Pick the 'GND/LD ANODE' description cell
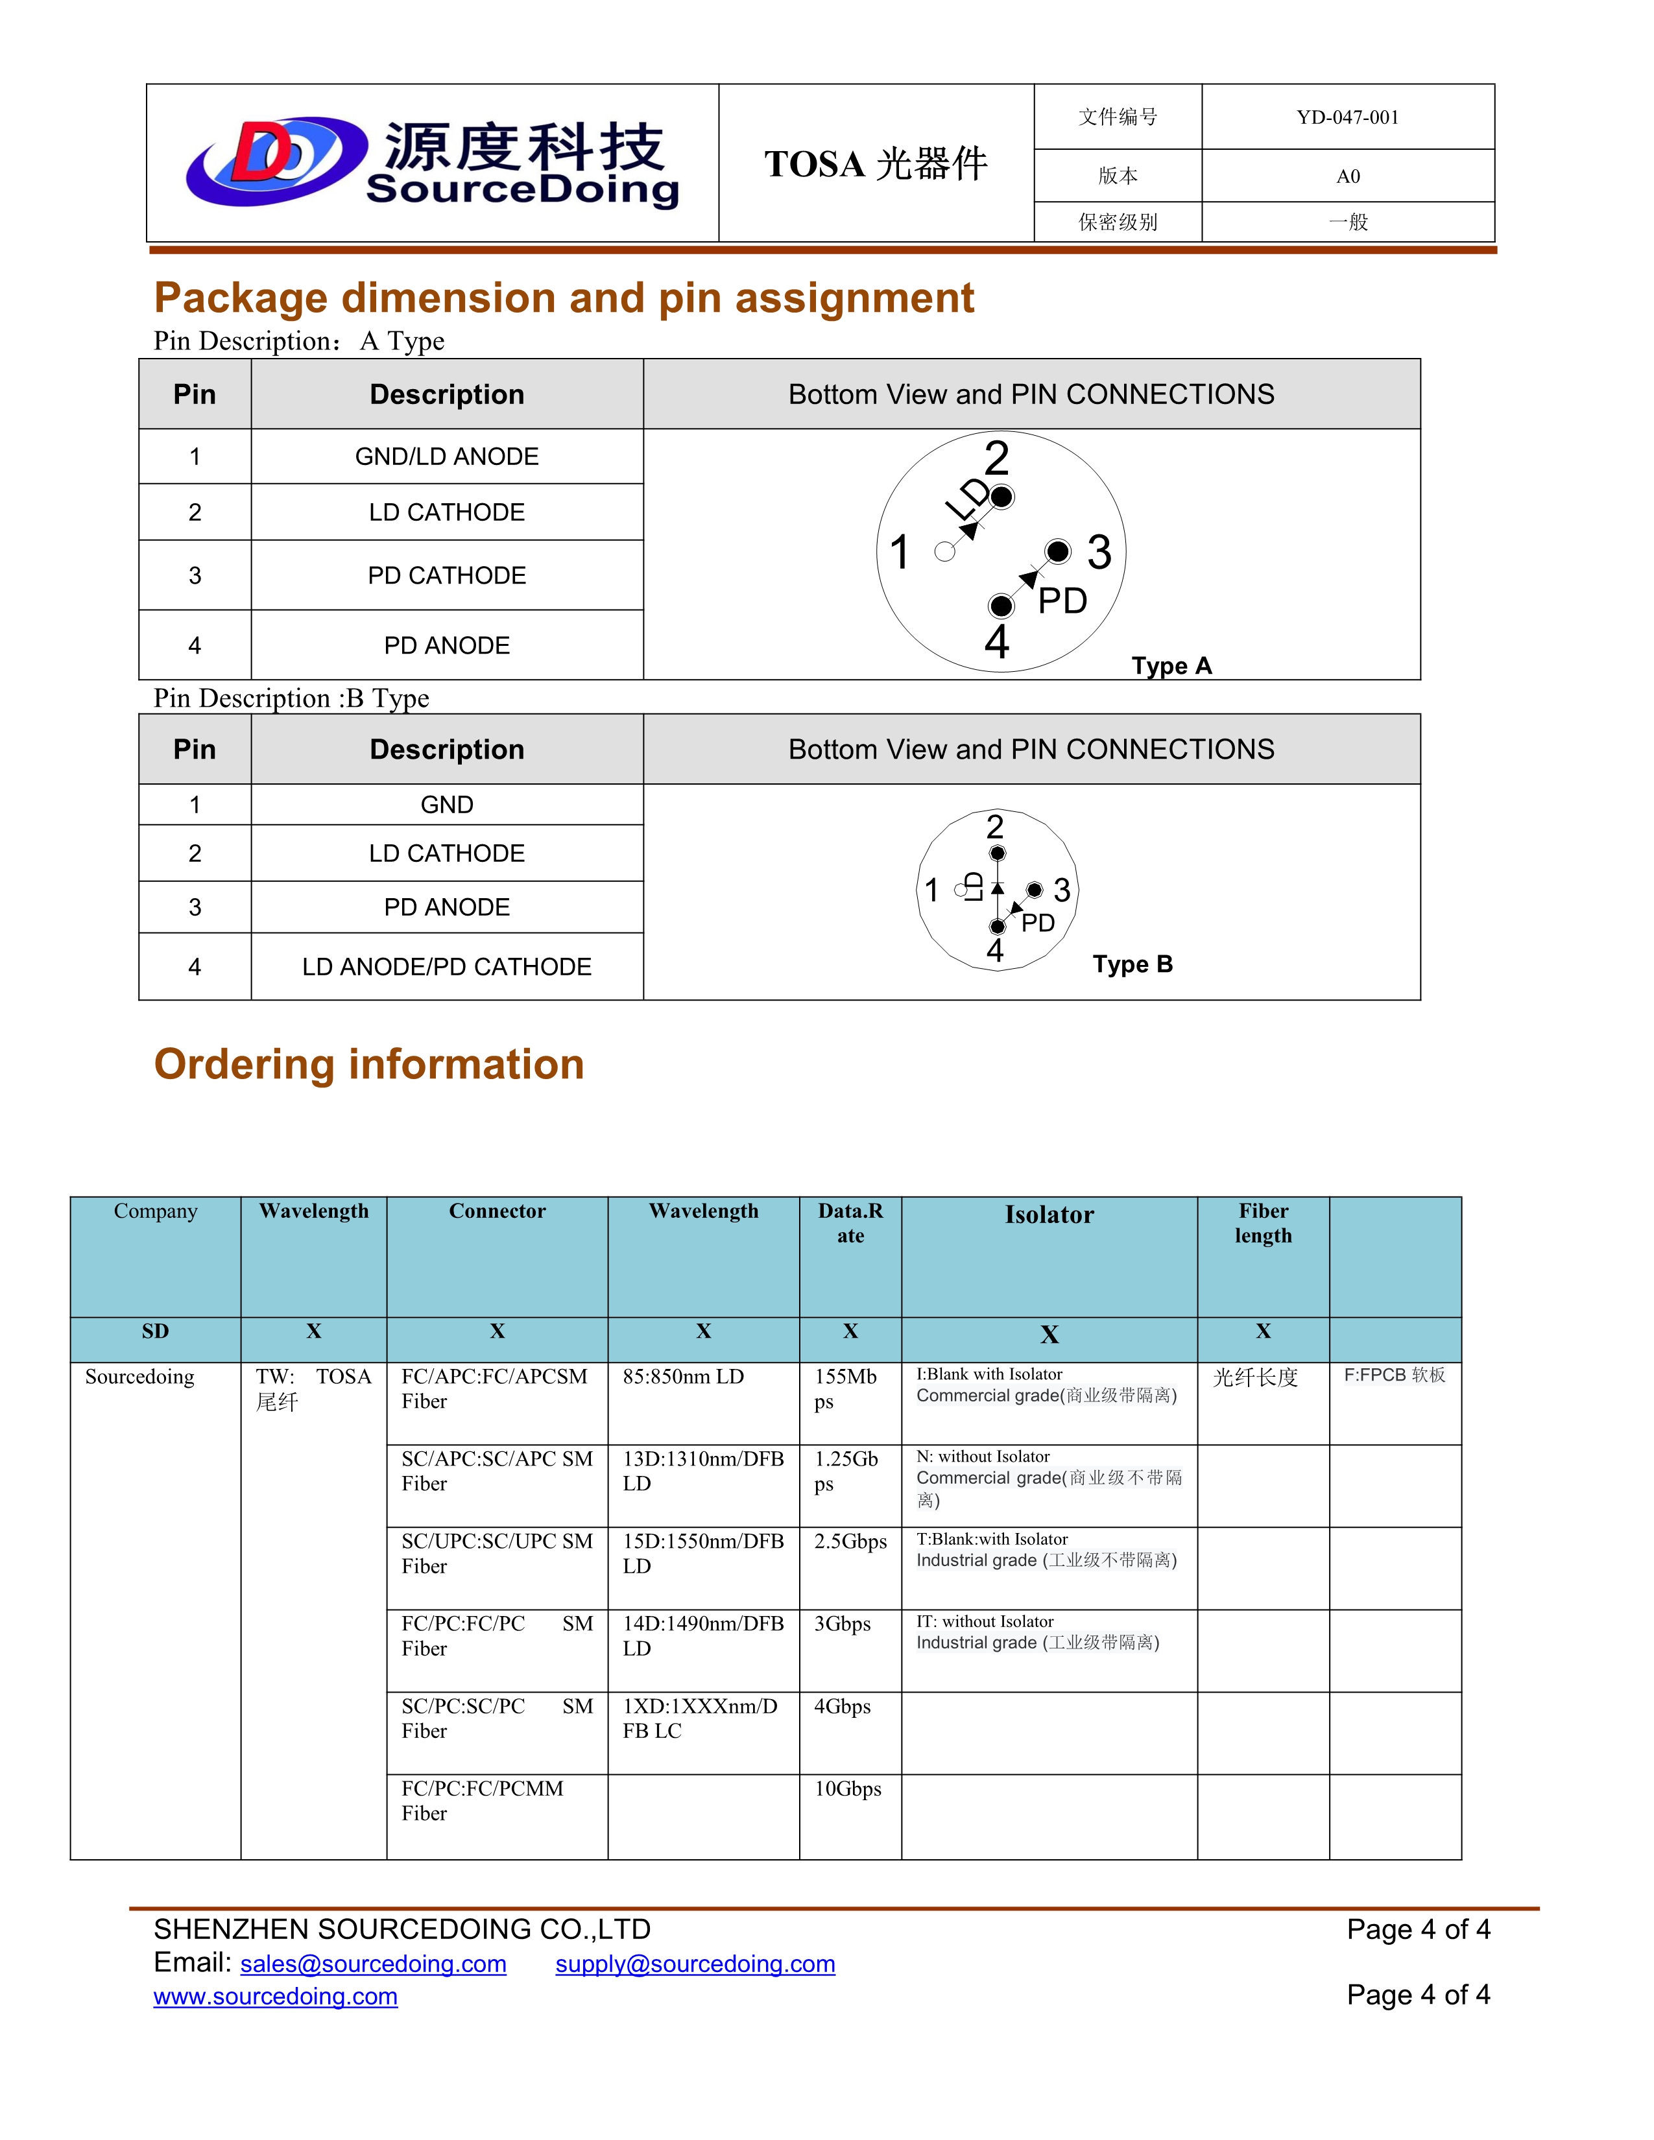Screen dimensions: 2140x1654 (447, 457)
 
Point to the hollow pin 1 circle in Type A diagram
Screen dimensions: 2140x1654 (944, 552)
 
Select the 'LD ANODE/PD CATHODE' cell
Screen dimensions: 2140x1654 (447, 967)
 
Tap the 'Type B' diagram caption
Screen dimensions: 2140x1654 (1133, 964)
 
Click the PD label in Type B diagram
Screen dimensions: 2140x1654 (1038, 923)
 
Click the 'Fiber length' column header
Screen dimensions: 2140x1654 (1263, 1223)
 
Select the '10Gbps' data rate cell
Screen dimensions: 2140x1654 (848, 1789)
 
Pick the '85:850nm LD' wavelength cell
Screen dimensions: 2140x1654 (683, 1377)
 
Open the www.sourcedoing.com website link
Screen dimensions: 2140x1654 (275, 1996)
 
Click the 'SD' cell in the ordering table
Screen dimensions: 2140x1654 (155, 1331)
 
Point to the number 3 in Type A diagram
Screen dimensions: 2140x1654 (1099, 552)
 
